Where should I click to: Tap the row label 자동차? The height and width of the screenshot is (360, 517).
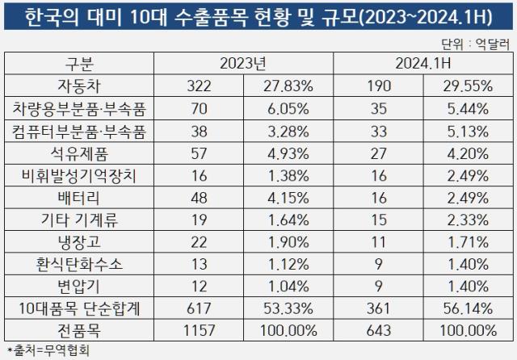tap(81, 86)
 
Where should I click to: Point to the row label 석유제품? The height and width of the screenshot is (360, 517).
tap(81, 151)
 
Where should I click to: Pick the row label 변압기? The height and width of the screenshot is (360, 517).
tap(81, 286)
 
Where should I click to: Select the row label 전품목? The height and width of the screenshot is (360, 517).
tap(81, 329)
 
